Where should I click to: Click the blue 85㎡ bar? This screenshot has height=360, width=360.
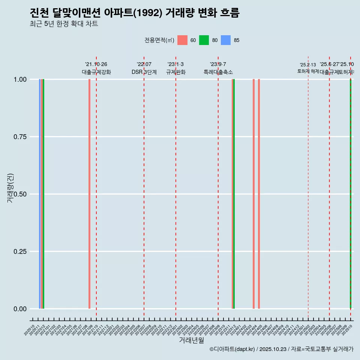click(x=40, y=194)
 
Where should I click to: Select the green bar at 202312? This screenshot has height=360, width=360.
click(x=234, y=194)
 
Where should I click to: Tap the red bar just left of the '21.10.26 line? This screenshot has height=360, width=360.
click(x=89, y=194)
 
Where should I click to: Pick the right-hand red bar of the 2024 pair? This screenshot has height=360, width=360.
click(x=259, y=194)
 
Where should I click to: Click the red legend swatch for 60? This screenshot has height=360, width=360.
click(x=182, y=40)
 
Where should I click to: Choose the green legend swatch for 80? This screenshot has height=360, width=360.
click(x=204, y=40)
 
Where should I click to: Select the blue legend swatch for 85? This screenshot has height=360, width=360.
click(x=225, y=40)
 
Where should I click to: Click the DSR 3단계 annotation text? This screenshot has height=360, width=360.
click(x=144, y=72)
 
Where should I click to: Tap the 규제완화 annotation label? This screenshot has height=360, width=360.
click(x=176, y=72)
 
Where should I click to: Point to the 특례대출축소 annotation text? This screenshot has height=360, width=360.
click(x=218, y=72)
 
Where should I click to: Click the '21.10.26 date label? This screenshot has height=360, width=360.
click(x=96, y=64)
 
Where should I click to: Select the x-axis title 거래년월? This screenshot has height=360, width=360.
click(x=191, y=340)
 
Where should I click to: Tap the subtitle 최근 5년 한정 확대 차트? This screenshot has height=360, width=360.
click(x=64, y=24)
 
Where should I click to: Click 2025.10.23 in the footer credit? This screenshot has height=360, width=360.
click(x=273, y=349)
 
